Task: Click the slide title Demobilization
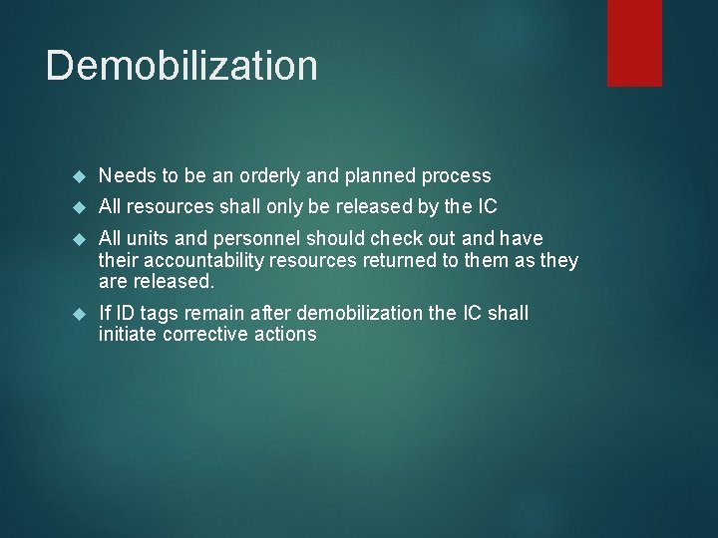click(x=181, y=66)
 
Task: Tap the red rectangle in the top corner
click(x=634, y=42)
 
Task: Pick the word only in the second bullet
click(x=287, y=207)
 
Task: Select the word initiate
click(x=127, y=335)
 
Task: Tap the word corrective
click(x=203, y=335)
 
